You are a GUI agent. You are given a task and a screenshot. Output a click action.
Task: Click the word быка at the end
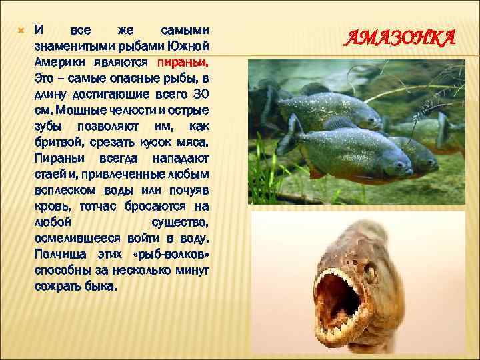pyautogui.click(x=101, y=287)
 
